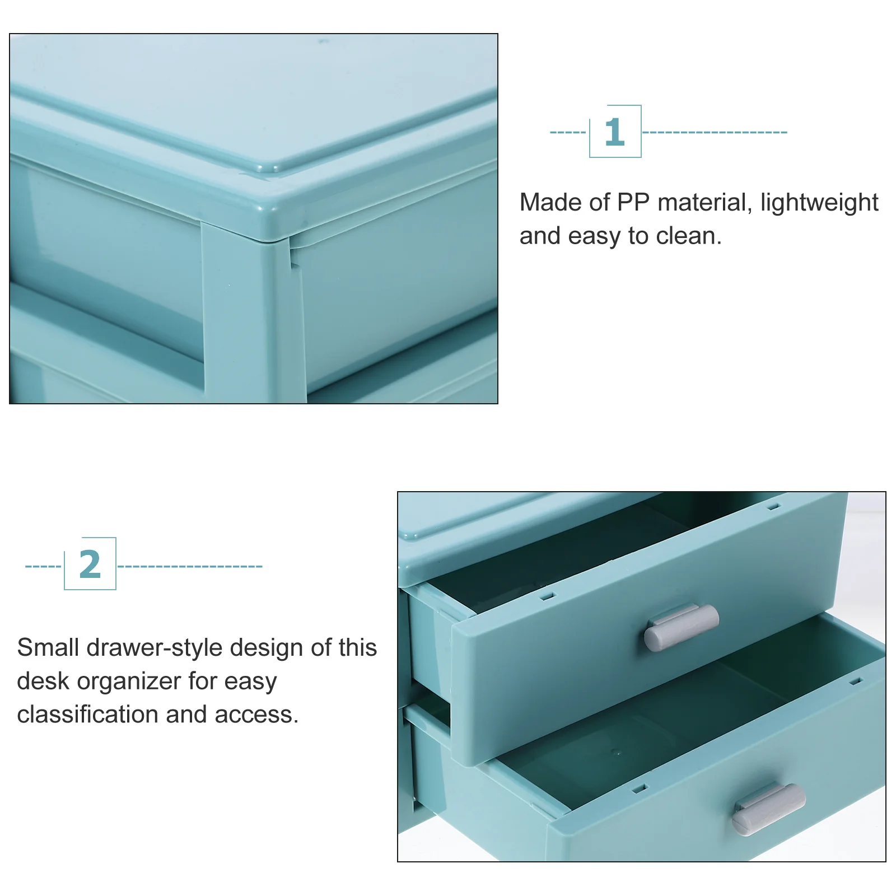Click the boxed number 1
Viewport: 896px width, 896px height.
click(615, 132)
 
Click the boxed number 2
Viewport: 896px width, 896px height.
click(90, 564)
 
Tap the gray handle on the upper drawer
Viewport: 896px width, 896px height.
click(681, 627)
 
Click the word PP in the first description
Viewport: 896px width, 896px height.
click(633, 203)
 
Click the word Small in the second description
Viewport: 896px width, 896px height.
click(48, 648)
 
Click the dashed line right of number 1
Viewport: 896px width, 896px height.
click(714, 133)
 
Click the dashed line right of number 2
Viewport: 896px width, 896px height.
click(190, 566)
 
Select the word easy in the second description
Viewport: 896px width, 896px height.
click(250, 682)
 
